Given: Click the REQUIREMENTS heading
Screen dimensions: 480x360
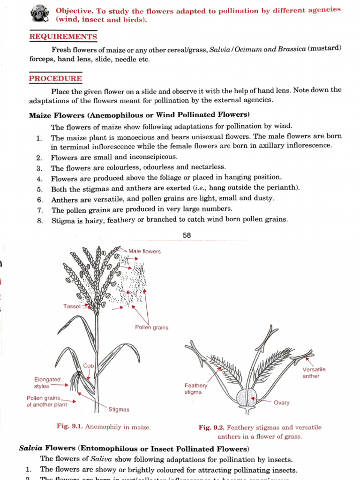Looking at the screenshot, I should coord(63,37).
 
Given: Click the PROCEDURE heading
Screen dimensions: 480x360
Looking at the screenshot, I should coord(55,78).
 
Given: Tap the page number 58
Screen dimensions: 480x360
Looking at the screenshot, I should coord(187,235).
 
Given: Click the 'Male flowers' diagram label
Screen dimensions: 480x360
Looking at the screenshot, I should coord(144,252).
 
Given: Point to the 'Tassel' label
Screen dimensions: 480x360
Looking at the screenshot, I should coord(72,306).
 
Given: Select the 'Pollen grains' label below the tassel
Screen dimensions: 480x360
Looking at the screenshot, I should coord(151,328).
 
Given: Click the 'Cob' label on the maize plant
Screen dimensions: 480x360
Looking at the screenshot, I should coord(89,366).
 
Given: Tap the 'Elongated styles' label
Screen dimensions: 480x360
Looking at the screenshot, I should coord(47,383).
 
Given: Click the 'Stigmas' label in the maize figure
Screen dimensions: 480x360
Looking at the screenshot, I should coord(119,410).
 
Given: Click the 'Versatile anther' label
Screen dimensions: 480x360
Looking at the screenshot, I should coord(314,373).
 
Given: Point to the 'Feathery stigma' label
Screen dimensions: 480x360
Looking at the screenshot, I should coord(195,389).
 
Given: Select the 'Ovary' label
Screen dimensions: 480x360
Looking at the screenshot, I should coord(281,403).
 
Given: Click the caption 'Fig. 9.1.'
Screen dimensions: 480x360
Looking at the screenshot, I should coord(69,427).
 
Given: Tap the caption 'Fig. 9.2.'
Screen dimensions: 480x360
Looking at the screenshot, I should coord(211,427).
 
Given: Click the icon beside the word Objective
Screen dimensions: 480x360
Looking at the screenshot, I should coord(40,14).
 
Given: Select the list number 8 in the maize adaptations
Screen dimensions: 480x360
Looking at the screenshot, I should coord(40,220).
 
